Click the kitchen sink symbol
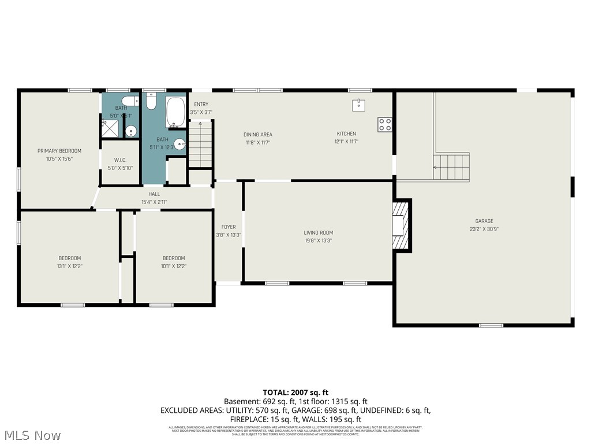358,105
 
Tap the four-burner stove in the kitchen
384,124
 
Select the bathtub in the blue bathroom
175,112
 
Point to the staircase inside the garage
451,167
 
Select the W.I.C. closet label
120,160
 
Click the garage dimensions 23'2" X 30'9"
484,229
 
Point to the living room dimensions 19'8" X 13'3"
318,240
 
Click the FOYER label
229,227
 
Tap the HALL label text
154,194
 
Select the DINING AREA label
257,135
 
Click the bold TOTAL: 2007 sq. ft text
295,392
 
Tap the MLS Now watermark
31,435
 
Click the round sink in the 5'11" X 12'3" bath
179,145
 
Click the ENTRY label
201,104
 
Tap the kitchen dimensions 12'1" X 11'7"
346,142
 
